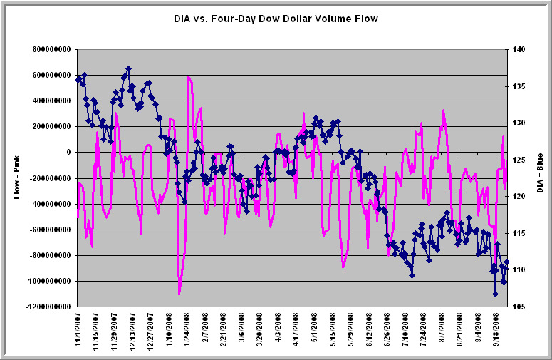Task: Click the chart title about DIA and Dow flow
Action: (x=276, y=19)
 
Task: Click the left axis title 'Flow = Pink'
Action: (x=17, y=178)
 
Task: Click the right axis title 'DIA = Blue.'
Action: (x=541, y=178)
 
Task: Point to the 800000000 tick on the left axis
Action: (x=49, y=49)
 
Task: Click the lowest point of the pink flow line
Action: (x=179, y=294)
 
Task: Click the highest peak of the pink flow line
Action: (x=189, y=76)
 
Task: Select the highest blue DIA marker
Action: (x=128, y=69)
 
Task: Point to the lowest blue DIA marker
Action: (x=495, y=294)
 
